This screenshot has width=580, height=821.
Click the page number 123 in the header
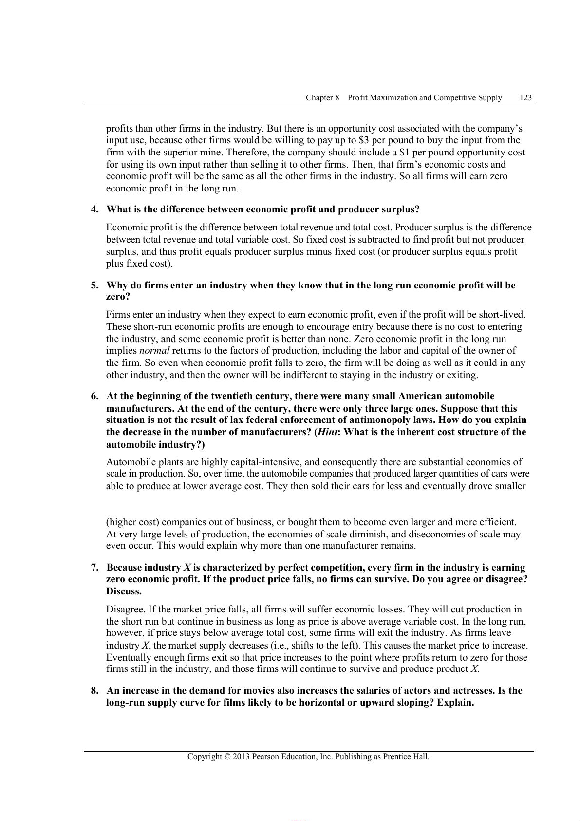[525, 97]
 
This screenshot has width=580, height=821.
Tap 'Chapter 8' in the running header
[322, 97]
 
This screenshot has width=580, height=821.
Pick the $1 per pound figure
[404, 153]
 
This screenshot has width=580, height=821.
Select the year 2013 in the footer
[241, 757]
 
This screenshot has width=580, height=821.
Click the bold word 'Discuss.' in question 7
[124, 592]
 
